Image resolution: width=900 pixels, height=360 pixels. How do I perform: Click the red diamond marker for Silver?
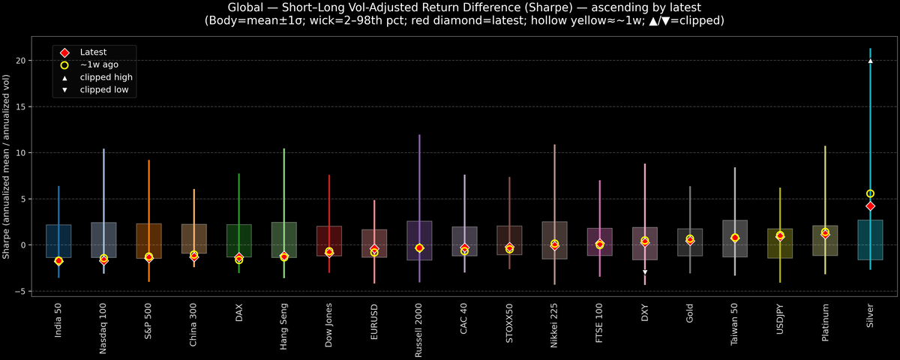pyautogui.click(x=870, y=205)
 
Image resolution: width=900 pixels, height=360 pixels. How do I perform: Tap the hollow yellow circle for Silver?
pyautogui.click(x=870, y=193)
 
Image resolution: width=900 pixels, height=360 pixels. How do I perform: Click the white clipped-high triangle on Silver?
pyautogui.click(x=870, y=61)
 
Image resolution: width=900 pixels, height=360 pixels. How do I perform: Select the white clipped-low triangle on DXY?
pyautogui.click(x=644, y=271)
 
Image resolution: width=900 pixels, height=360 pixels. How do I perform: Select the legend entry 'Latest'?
pyautogui.click(x=93, y=52)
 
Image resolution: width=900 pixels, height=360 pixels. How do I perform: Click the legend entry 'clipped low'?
pyautogui.click(x=103, y=90)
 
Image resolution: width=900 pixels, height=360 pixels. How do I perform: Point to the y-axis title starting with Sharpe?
pyautogui.click(x=6, y=166)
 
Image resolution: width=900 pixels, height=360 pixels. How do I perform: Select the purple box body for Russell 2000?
pyautogui.click(x=419, y=240)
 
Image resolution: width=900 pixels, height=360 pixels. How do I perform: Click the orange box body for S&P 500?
pyautogui.click(x=148, y=241)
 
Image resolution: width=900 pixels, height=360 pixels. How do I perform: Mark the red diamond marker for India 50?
pyautogui.click(x=58, y=260)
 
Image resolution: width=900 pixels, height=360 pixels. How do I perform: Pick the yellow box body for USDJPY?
pyautogui.click(x=780, y=244)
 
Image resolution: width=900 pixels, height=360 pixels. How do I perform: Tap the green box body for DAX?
pyautogui.click(x=238, y=241)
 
